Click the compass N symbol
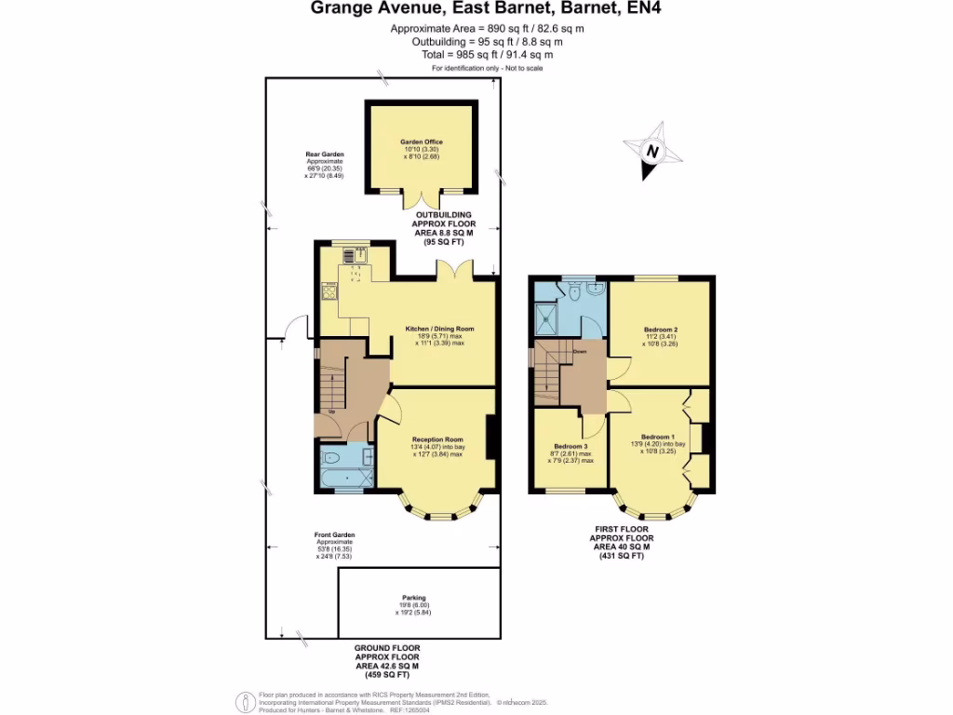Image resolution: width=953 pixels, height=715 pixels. point(653,151)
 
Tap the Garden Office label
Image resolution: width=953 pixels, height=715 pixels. point(419,142)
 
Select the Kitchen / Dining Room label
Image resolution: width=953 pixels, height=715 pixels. point(439,329)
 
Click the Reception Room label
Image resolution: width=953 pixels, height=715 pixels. point(437,439)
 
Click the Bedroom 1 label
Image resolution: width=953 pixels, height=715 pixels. point(657,437)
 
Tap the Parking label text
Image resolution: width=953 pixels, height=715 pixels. point(414,598)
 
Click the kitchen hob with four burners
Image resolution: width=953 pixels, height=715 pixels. point(330,292)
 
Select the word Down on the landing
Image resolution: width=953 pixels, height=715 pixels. point(579,352)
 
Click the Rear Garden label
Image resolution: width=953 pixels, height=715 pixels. point(325,154)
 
